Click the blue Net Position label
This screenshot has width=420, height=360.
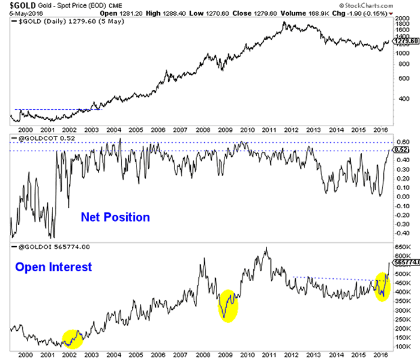[x=115, y=217]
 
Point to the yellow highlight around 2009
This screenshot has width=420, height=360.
[x=228, y=305]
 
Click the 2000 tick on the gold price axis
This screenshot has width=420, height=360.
[x=401, y=18]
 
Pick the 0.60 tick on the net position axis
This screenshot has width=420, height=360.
[x=401, y=142]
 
